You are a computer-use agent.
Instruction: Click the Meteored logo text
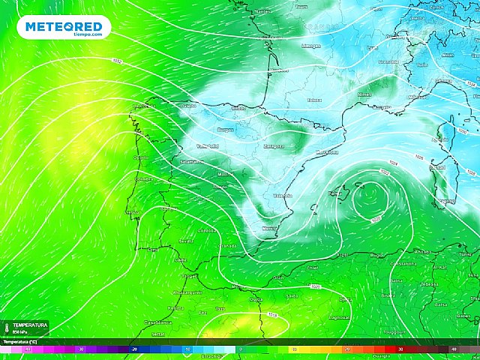pos(67,26)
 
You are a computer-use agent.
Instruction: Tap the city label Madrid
pos(224,173)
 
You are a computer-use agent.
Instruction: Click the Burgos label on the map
pos(225,130)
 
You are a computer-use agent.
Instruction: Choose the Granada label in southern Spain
pos(228,245)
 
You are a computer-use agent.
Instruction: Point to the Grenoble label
pos(388,61)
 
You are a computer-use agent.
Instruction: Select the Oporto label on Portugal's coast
pos(140,157)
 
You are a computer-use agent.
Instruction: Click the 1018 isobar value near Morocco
pos(273,314)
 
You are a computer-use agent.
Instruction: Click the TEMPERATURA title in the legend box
pos(30,325)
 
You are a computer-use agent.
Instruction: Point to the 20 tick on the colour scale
pos(347,349)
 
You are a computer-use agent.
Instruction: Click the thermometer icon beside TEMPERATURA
pos(6,328)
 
